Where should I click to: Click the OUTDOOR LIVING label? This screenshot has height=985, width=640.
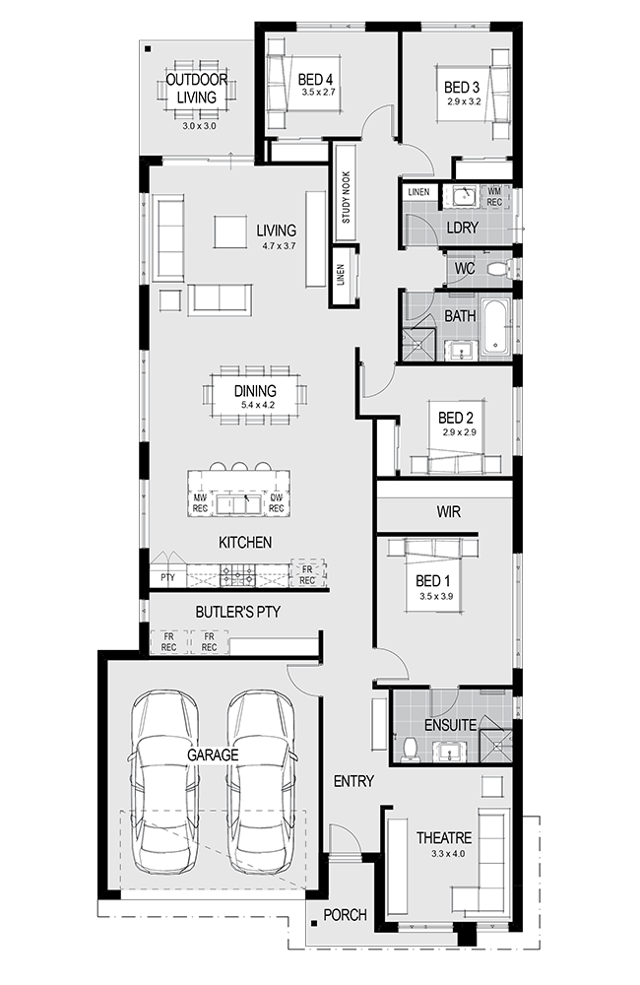tap(197, 89)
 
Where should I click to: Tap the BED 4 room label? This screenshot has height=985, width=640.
tap(315, 80)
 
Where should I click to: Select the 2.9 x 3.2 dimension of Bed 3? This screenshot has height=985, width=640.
tap(464, 101)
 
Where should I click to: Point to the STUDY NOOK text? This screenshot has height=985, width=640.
tap(346, 197)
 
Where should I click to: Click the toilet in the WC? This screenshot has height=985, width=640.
tap(497, 269)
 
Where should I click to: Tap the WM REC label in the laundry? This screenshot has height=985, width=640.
tap(494, 197)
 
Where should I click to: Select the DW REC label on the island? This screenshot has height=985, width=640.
tap(277, 503)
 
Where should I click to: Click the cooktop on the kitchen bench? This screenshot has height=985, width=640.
tap(237, 574)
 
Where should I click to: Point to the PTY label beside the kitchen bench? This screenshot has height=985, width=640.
tap(167, 577)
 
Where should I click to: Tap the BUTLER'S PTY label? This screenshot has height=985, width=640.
tap(238, 612)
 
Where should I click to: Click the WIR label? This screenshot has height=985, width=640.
tap(448, 512)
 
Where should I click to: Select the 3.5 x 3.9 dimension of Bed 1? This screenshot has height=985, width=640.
tap(436, 596)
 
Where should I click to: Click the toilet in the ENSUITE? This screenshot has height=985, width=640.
tap(411, 749)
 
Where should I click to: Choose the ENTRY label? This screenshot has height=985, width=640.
tap(353, 781)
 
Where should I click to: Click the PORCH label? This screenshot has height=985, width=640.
tap(345, 915)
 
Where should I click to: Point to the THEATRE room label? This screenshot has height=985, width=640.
tap(444, 838)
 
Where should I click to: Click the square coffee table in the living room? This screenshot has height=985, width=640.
tap(230, 231)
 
